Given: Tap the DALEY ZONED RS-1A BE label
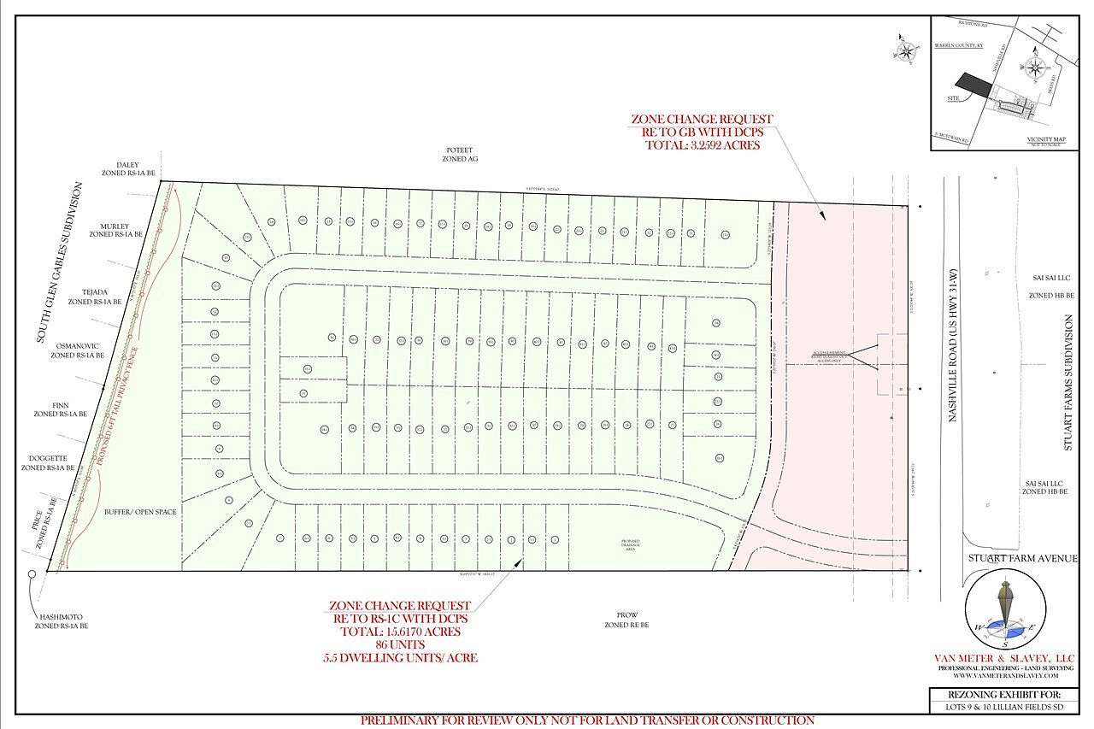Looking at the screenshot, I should (127, 169).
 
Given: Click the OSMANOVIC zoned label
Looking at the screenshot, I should (80, 350).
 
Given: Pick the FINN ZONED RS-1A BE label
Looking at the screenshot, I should (60, 409).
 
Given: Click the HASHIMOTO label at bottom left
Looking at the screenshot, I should (62, 620).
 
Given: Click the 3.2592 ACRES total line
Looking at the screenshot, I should (702, 145).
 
